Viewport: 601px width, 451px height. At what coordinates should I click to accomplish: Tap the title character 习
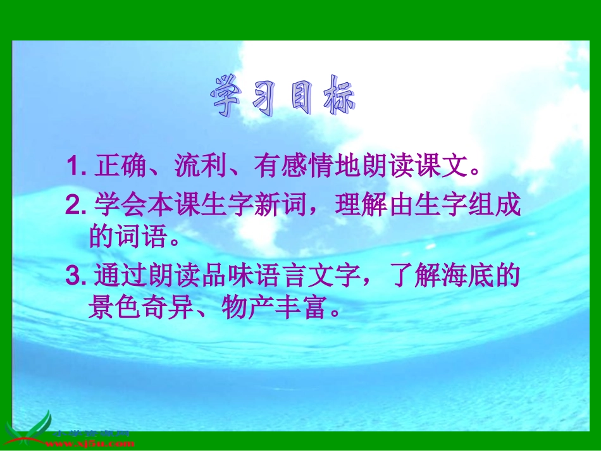point(270,97)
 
